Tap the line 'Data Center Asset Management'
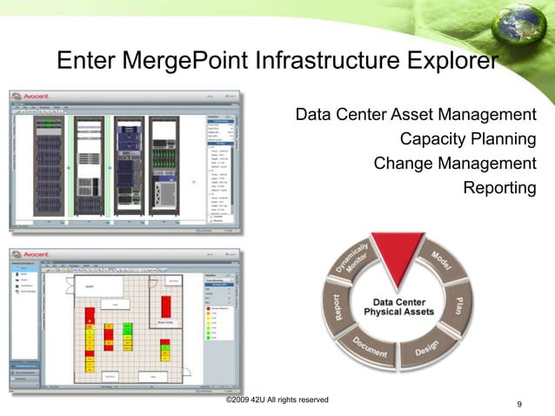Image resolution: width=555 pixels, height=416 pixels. click(x=415, y=114)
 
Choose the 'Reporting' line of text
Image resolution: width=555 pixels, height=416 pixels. click(x=499, y=188)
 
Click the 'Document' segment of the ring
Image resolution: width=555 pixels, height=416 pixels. click(x=370, y=350)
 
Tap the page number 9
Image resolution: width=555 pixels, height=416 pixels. click(x=519, y=404)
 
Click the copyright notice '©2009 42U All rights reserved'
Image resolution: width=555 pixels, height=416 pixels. click(x=277, y=399)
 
